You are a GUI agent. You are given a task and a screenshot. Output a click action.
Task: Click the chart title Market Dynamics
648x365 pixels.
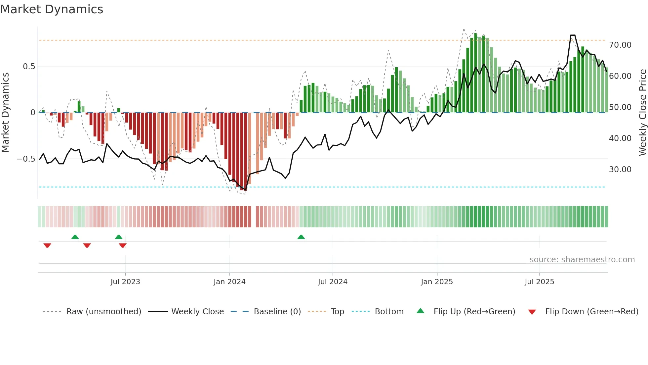52,9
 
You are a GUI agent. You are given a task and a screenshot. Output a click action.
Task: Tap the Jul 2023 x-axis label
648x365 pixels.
125,282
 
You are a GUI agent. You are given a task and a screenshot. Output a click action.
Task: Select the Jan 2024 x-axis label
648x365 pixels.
229,282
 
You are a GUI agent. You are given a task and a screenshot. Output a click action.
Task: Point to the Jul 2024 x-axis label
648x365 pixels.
333,282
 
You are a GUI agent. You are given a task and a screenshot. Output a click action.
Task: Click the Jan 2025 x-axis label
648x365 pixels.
437,282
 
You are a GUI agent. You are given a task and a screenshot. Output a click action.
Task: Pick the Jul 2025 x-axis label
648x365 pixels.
539,282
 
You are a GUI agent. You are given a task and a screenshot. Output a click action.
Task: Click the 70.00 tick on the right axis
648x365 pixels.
620,45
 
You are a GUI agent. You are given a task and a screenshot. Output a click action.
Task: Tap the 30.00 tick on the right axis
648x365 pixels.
620,169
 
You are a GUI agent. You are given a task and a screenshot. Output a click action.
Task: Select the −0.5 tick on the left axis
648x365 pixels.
26,159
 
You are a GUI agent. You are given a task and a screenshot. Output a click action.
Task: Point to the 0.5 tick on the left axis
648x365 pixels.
29,67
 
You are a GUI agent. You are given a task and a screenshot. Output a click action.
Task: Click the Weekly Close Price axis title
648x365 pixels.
642,113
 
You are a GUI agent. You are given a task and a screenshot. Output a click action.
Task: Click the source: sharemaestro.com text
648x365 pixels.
582,260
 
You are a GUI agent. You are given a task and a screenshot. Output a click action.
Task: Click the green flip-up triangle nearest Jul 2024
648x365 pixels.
301,237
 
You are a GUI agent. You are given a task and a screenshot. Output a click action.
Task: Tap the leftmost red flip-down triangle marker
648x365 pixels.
47,245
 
